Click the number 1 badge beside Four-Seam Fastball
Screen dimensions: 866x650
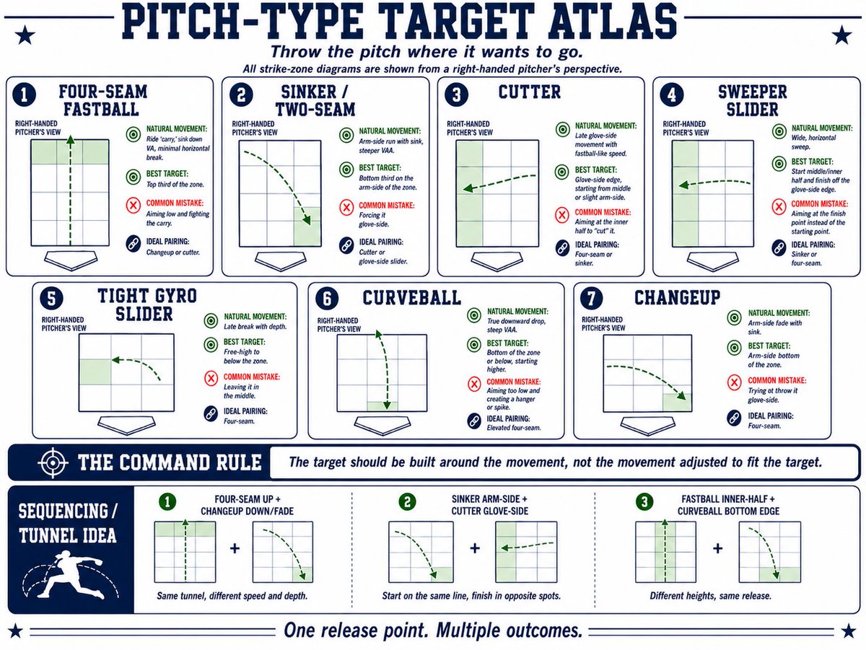click(x=24, y=95)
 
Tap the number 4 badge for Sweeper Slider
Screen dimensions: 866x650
click(x=671, y=95)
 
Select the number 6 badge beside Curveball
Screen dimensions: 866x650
click(x=327, y=299)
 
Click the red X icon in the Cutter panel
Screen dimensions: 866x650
click(x=561, y=214)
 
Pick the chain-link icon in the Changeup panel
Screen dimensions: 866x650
click(x=734, y=418)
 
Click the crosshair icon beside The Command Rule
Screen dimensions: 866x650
click(x=53, y=462)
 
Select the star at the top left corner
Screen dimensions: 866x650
click(x=25, y=35)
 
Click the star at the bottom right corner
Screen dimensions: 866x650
click(x=848, y=631)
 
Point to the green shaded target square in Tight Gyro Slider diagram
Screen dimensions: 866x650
click(x=95, y=372)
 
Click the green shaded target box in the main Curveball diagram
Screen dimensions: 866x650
click(x=382, y=407)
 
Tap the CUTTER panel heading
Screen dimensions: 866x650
click(x=529, y=92)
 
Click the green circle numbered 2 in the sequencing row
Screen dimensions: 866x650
click(x=408, y=501)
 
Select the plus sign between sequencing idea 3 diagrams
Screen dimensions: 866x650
click(x=717, y=548)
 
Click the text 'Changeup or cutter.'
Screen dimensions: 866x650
click(x=172, y=252)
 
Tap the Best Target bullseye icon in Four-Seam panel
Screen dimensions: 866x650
click(x=134, y=177)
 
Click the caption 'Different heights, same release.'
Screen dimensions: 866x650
click(x=710, y=596)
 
